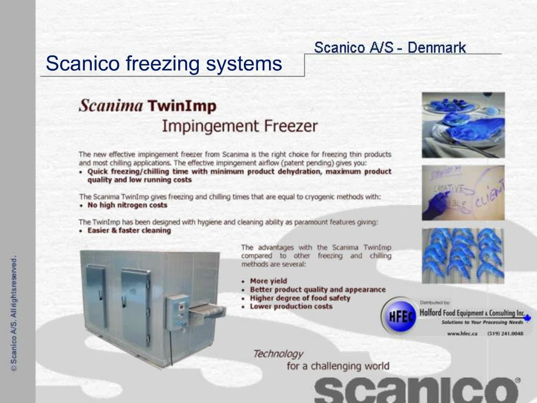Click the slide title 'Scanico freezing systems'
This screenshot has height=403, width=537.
pos(164,64)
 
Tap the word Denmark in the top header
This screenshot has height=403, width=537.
pos(436,48)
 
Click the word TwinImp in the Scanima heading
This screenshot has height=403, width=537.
pos(181,107)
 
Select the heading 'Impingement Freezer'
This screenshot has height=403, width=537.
pos(239,126)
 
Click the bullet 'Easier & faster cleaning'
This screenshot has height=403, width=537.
pos(129,230)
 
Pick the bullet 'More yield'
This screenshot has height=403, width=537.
pos(268,281)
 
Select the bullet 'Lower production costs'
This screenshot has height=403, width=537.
pos(291,306)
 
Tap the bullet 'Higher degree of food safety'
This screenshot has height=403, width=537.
pos(299,298)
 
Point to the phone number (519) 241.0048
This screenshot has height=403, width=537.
pos(505,334)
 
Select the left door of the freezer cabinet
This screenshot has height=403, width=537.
pos(96,296)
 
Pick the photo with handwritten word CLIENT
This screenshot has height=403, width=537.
pos(463,193)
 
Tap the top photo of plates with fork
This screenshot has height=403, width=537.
pos(463,124)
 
